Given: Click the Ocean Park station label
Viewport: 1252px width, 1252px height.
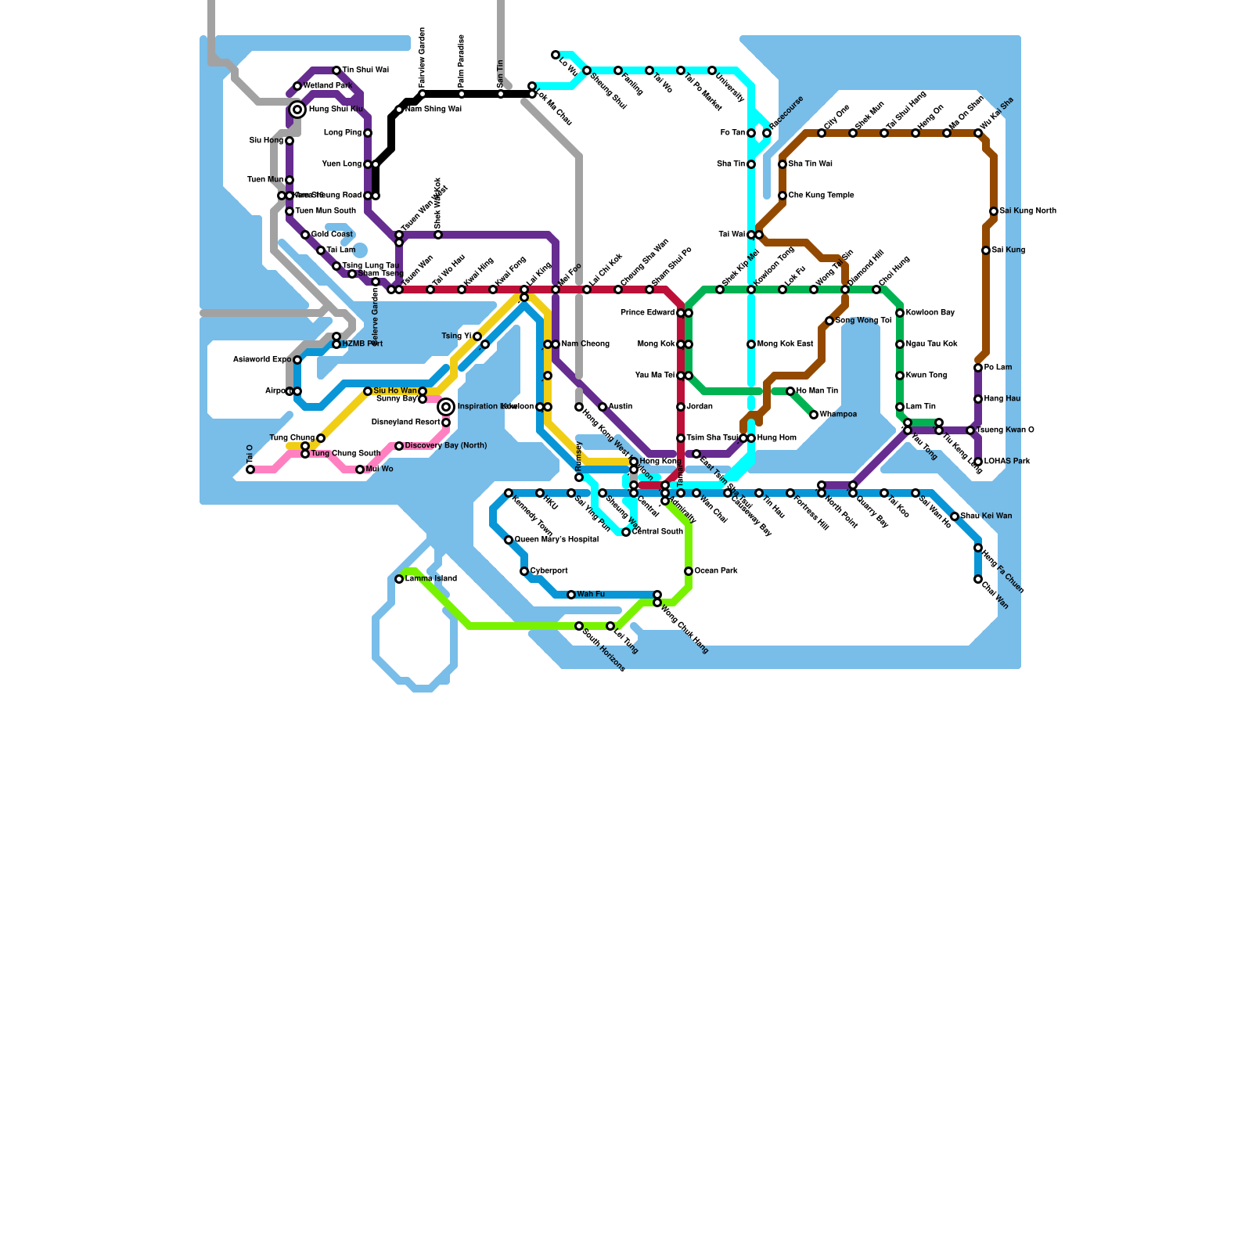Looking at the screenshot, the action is [716, 571].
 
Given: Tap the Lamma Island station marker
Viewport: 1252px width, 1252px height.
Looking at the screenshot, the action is [399, 579].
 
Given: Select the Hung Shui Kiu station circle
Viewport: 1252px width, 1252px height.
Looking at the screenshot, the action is [297, 110].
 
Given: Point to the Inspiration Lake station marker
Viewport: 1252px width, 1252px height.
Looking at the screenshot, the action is [446, 407].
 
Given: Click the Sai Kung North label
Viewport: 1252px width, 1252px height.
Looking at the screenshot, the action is [1027, 211].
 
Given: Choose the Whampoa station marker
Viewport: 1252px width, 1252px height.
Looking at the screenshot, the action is [814, 415].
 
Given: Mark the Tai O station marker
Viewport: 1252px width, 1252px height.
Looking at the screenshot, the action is [250, 469].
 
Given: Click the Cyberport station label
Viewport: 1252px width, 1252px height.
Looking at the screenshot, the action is [549, 571].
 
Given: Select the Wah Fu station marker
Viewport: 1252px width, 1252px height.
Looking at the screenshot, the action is [571, 595].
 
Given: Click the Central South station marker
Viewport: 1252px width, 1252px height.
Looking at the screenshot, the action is [626, 532].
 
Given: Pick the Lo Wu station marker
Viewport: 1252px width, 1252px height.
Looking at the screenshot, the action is [556, 55].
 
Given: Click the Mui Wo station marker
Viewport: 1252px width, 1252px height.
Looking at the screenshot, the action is [360, 469].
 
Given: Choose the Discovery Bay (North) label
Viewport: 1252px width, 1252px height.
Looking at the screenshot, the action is [446, 446].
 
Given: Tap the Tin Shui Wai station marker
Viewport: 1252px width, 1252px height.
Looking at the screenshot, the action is [336, 70].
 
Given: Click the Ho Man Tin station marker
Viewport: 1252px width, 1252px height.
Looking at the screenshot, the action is [790, 391].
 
